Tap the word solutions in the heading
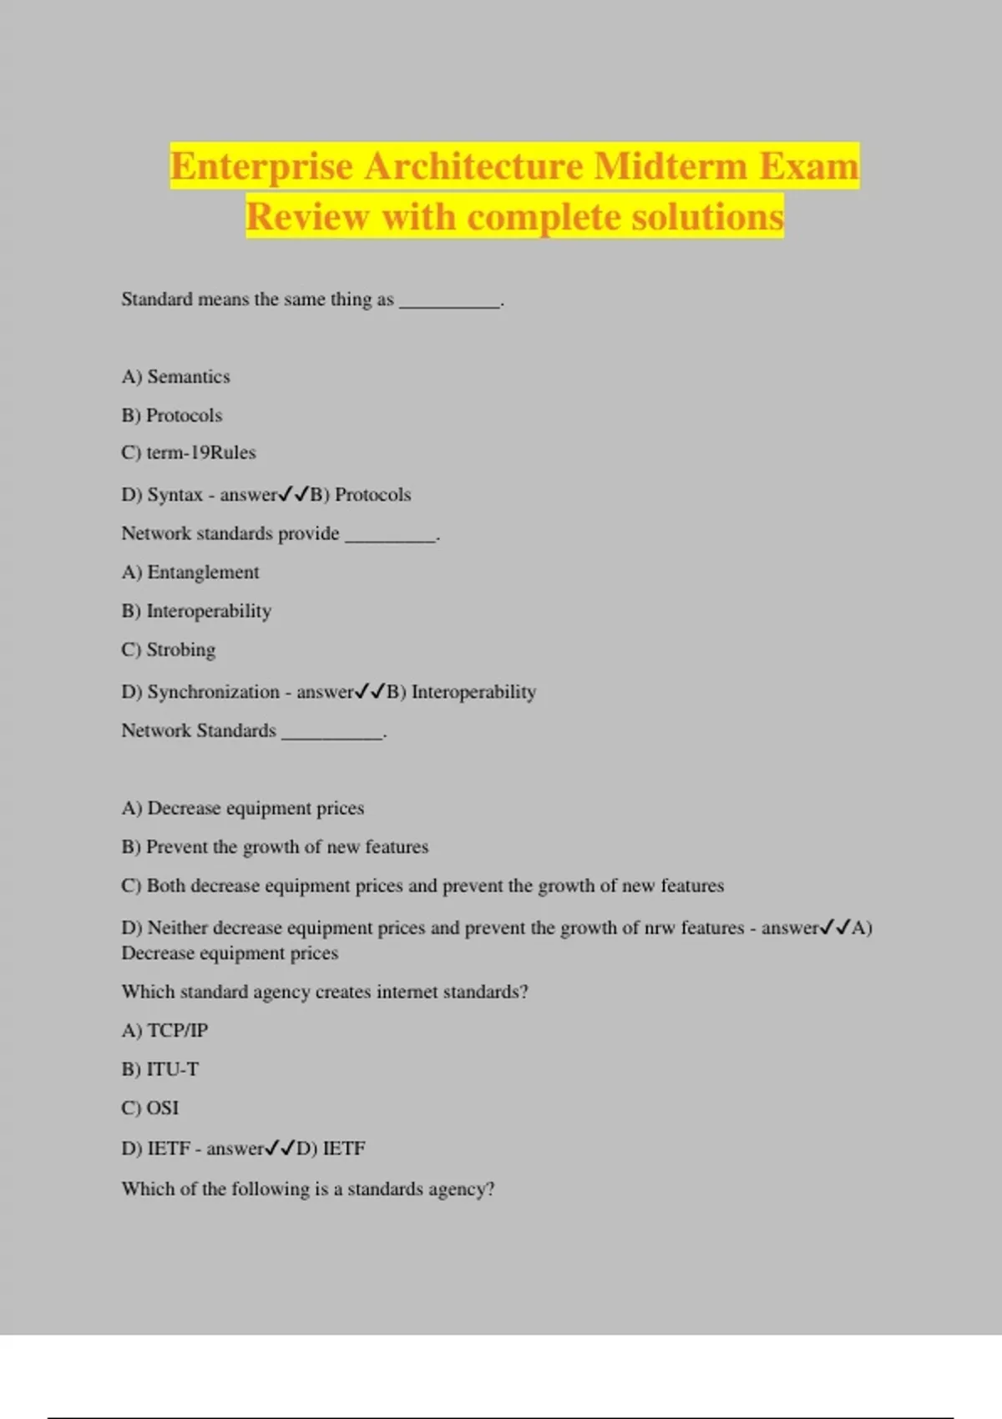(x=707, y=217)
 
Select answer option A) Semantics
(x=175, y=376)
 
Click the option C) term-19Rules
(x=189, y=452)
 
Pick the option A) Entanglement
(x=190, y=572)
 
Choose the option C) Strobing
(x=169, y=649)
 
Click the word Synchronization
(x=213, y=692)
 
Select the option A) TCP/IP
(x=164, y=1030)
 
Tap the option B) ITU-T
(x=160, y=1069)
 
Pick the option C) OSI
(x=150, y=1108)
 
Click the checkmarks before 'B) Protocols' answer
(x=293, y=494)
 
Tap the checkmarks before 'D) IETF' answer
(x=280, y=1149)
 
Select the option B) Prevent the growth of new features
(x=275, y=846)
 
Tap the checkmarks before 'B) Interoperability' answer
(x=370, y=692)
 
